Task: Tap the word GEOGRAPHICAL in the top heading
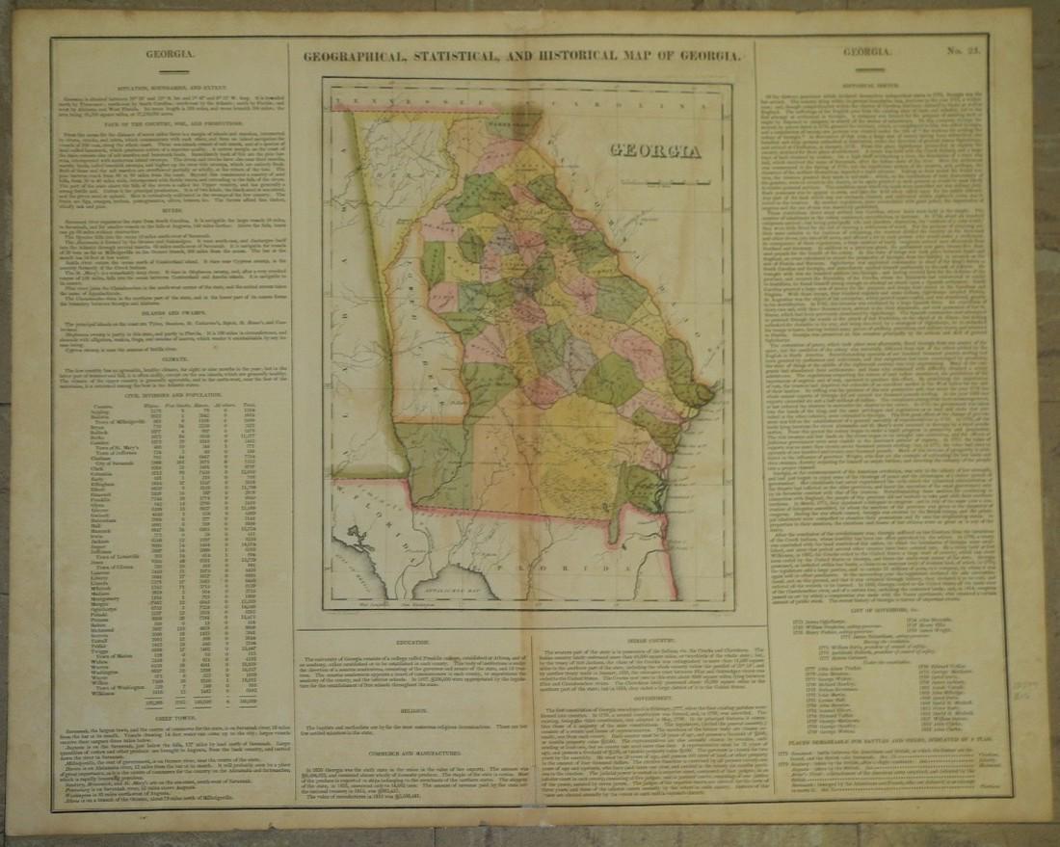coord(358,56)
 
